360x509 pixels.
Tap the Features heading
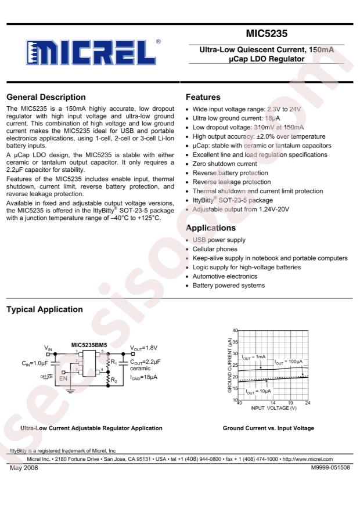pos(202,97)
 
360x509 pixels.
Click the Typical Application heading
pos(44,310)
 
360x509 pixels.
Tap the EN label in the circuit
pos(63,377)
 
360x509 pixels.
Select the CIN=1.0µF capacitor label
pos(35,364)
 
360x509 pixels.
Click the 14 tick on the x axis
pos(273,402)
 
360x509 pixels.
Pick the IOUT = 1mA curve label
pos(254,357)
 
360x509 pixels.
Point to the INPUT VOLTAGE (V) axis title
pos(273,408)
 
